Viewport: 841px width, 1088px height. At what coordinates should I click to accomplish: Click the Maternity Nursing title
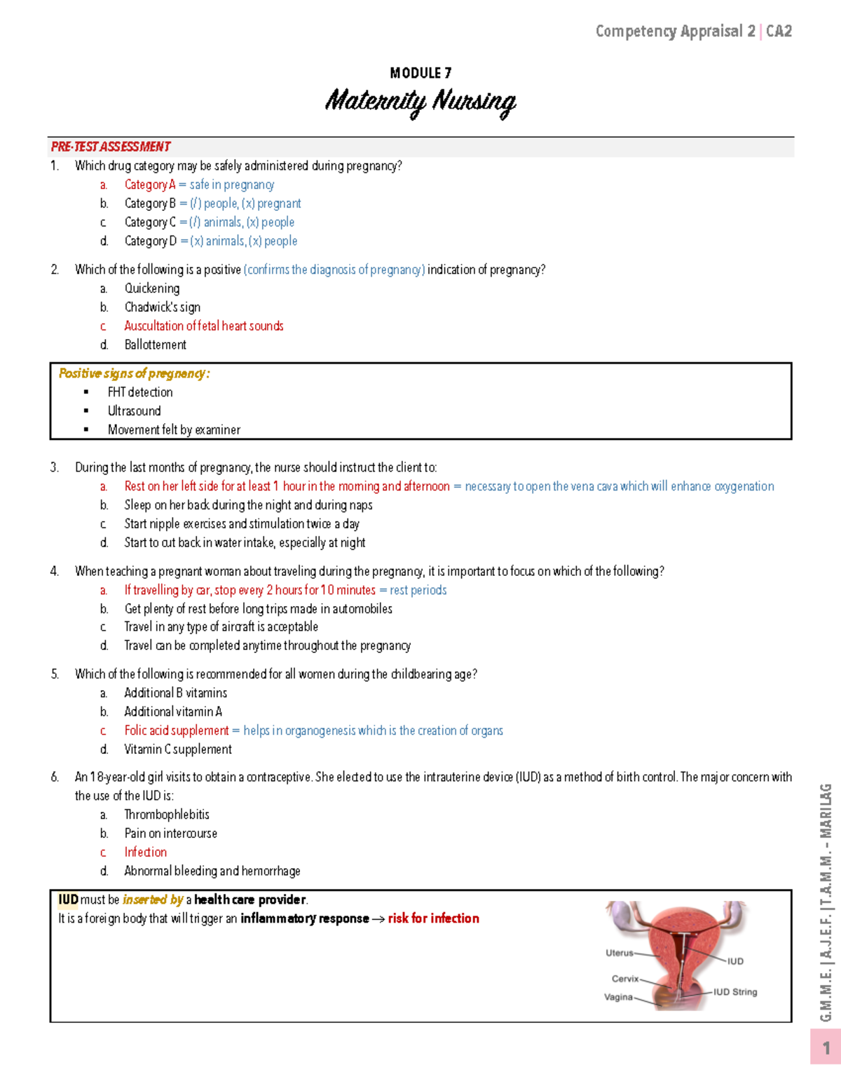(x=420, y=102)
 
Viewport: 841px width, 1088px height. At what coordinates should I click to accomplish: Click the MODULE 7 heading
(x=420, y=73)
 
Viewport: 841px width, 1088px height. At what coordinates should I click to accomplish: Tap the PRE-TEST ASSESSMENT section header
(x=111, y=146)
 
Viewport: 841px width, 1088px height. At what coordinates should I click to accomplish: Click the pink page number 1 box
(x=826, y=1047)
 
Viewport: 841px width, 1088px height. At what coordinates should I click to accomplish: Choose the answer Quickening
(x=152, y=289)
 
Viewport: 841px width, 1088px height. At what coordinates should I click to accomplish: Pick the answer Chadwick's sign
(x=163, y=307)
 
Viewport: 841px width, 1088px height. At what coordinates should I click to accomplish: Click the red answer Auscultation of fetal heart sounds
(x=204, y=326)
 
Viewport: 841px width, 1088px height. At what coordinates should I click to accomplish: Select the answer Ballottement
(x=156, y=345)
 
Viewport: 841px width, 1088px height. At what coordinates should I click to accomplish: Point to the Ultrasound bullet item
(x=135, y=411)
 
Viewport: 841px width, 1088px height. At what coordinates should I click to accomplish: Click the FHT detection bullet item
(x=140, y=392)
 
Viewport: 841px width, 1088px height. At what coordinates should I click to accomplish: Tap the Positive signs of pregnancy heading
(x=134, y=373)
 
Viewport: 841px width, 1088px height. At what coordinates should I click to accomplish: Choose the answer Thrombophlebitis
(x=167, y=815)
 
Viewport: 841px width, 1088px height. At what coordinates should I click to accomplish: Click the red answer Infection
(x=146, y=852)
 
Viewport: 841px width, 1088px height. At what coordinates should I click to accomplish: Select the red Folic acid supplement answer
(x=177, y=731)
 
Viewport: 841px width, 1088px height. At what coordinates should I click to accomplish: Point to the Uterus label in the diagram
(x=620, y=953)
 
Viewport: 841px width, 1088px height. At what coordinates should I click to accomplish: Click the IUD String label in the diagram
(x=735, y=992)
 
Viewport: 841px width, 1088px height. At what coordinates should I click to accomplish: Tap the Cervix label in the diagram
(x=625, y=979)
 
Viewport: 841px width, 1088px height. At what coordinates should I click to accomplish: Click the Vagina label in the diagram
(x=618, y=997)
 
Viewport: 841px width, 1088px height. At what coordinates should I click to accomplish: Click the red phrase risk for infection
(x=434, y=918)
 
